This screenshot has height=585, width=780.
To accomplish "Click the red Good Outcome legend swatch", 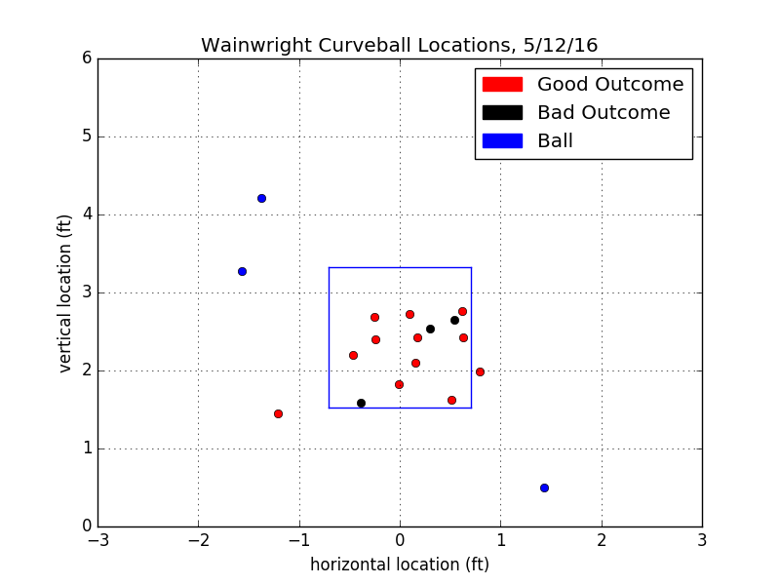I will click(x=499, y=85).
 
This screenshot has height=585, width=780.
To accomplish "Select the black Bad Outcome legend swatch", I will click(x=499, y=113).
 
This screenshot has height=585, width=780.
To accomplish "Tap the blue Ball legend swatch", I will click(x=499, y=141).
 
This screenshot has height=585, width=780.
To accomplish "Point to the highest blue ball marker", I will click(x=261, y=198).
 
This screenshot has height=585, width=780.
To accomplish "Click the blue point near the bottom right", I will click(x=544, y=487).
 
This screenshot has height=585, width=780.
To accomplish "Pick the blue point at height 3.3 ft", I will click(x=242, y=271).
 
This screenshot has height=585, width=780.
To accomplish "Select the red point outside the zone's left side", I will click(x=278, y=413).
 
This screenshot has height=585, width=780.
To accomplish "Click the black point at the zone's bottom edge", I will click(x=361, y=403).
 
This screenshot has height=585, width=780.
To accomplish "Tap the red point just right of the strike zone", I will click(x=480, y=371).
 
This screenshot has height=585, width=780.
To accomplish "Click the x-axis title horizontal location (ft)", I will click(x=400, y=565).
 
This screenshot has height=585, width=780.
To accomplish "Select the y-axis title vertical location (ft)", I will click(x=65, y=292).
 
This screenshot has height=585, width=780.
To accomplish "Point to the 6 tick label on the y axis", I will click(x=87, y=58).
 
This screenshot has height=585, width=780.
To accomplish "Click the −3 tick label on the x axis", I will click(x=97, y=539).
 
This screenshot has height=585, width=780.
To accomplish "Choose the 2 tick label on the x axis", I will click(x=602, y=539).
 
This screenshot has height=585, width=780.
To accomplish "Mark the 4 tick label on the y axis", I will click(x=87, y=214).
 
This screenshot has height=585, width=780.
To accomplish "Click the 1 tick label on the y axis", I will click(x=87, y=448).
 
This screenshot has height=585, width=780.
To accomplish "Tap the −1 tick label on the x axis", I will click(x=298, y=539).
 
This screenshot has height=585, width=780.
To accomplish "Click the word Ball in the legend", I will click(x=555, y=141).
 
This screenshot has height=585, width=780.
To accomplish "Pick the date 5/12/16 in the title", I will click(x=564, y=46).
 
